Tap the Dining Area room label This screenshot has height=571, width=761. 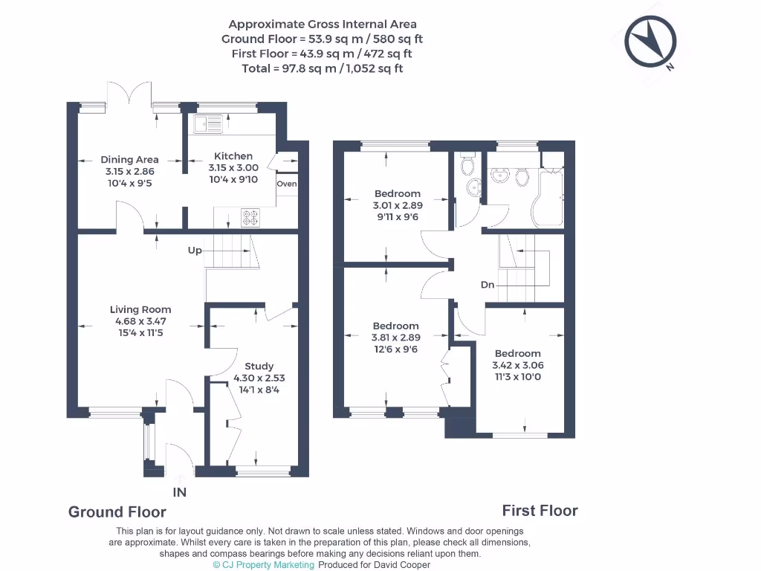pyautogui.click(x=129, y=159)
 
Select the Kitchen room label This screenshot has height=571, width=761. pyautogui.click(x=233, y=156)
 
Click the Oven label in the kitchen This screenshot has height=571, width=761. pyautogui.click(x=287, y=184)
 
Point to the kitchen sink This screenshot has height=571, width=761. pyautogui.click(x=208, y=123)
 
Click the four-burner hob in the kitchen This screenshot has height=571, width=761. pyautogui.click(x=250, y=217)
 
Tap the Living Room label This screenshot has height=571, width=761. pyautogui.click(x=140, y=309)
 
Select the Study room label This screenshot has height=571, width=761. pyautogui.click(x=259, y=366)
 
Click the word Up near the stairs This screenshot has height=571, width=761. pyautogui.click(x=195, y=251)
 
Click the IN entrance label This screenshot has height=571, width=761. pyautogui.click(x=179, y=492)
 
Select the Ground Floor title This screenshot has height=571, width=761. pyautogui.click(x=117, y=512)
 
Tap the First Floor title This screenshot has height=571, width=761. pyautogui.click(x=540, y=510)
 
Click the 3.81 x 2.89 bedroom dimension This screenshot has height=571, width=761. pyautogui.click(x=395, y=337)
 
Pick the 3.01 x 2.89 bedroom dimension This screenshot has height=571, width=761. pyautogui.click(x=397, y=204)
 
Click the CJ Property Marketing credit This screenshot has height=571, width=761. pyautogui.click(x=263, y=564)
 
